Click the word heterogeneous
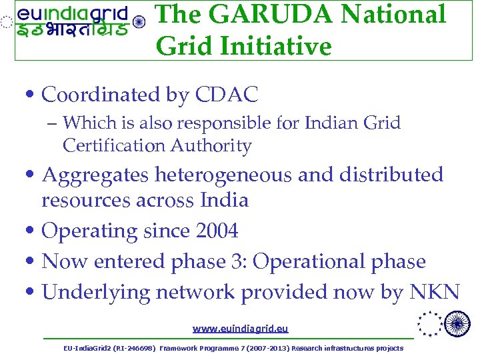pos(224,175)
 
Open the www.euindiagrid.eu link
pos(240,329)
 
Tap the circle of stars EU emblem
pos(428,325)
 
